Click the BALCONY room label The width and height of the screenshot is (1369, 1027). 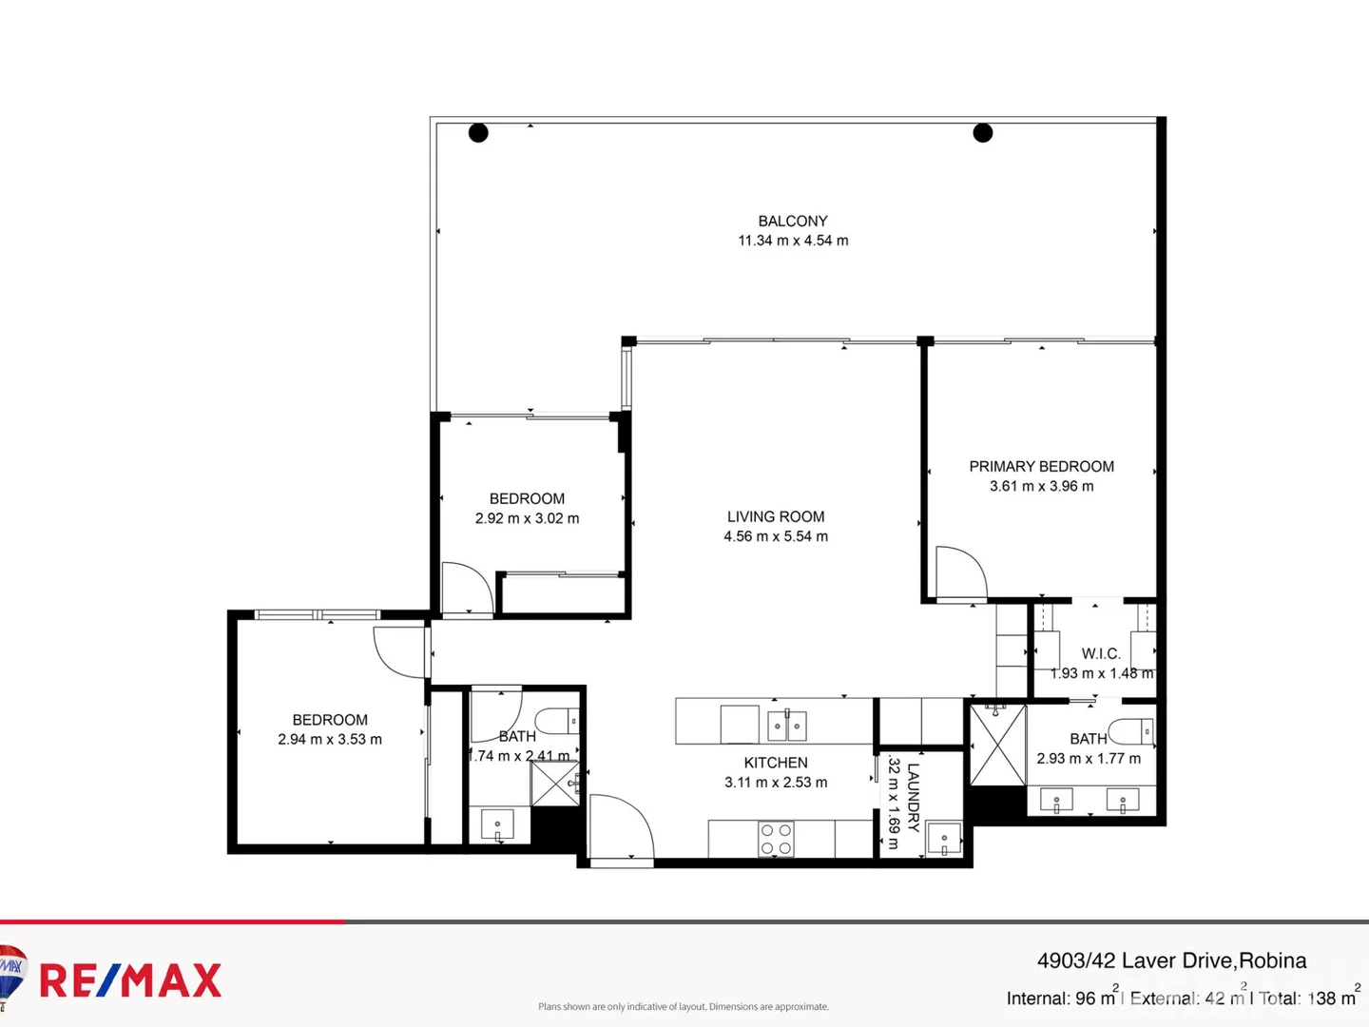(x=793, y=221)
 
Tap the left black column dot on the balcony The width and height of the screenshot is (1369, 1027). (x=478, y=133)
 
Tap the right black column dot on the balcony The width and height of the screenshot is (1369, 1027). (x=983, y=133)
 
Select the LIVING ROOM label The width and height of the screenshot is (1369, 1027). (x=776, y=516)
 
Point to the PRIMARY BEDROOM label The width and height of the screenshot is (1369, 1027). (x=1041, y=466)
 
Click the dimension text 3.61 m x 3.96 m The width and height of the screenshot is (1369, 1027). (x=1041, y=486)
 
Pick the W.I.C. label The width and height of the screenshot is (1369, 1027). (x=1101, y=653)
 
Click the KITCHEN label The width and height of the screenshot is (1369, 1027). (x=776, y=763)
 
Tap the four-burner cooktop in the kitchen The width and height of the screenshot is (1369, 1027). (x=776, y=840)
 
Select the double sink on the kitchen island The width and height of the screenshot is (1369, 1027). (x=787, y=727)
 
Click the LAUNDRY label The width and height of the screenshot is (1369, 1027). (x=913, y=797)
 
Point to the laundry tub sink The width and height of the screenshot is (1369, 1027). (x=944, y=839)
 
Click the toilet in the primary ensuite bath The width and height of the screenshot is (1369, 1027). (x=1132, y=731)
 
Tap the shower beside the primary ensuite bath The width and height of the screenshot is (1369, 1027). (x=997, y=746)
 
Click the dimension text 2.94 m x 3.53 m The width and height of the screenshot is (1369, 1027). (x=330, y=740)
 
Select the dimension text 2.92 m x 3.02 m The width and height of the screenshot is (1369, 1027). (x=527, y=518)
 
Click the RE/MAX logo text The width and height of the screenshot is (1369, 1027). (x=130, y=980)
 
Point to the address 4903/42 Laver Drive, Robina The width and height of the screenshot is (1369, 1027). (x=1171, y=960)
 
